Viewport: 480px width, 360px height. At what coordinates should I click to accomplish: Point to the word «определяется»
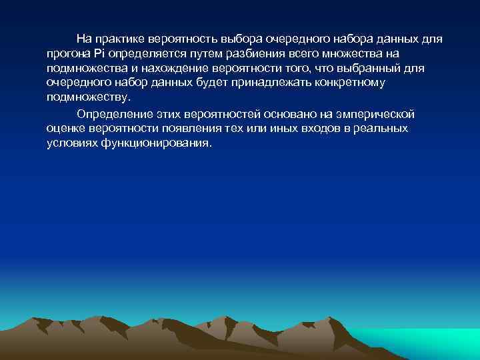point(141,53)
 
